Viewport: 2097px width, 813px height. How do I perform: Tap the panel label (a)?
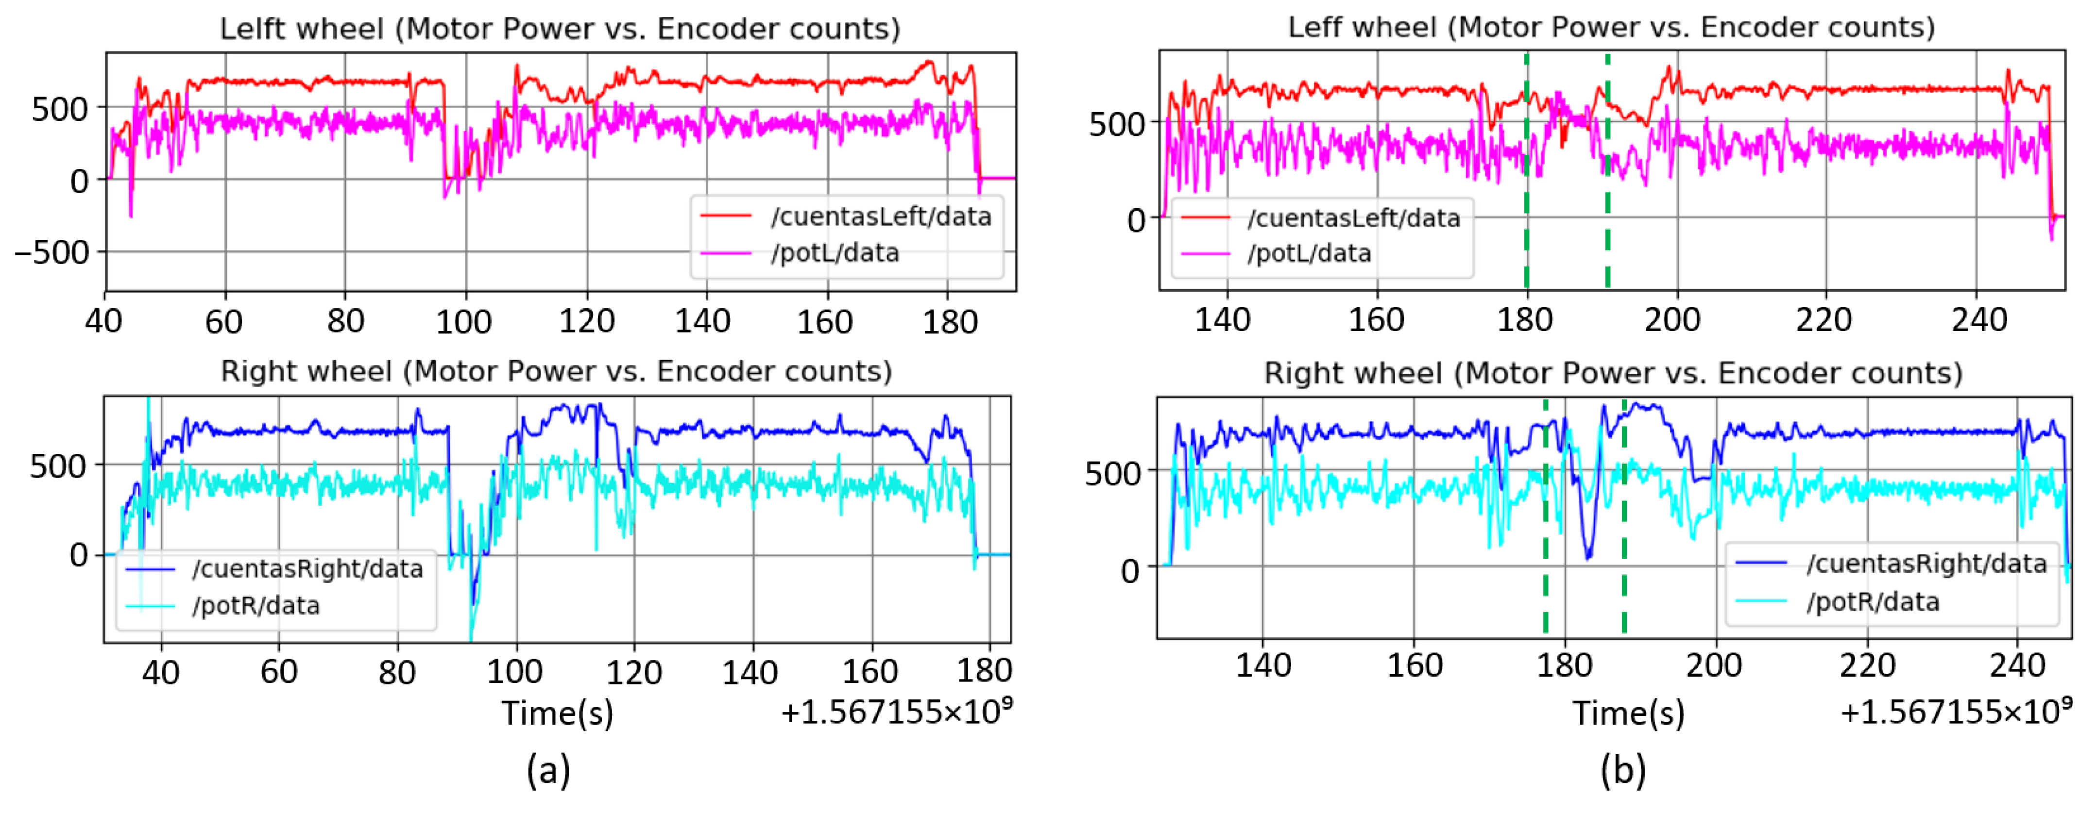(548, 769)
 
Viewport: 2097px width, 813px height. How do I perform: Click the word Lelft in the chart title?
(260, 29)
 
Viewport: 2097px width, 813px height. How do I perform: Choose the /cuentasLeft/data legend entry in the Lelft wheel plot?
(881, 216)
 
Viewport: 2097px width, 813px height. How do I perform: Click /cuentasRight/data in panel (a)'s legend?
(307, 569)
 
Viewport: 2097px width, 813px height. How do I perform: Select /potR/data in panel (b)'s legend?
(1872, 602)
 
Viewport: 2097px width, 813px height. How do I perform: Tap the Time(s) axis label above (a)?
(557, 713)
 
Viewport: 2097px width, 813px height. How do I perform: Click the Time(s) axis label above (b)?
(1628, 713)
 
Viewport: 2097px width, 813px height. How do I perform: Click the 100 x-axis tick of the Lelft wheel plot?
(464, 322)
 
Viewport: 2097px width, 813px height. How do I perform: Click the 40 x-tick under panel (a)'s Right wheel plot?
(161, 672)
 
